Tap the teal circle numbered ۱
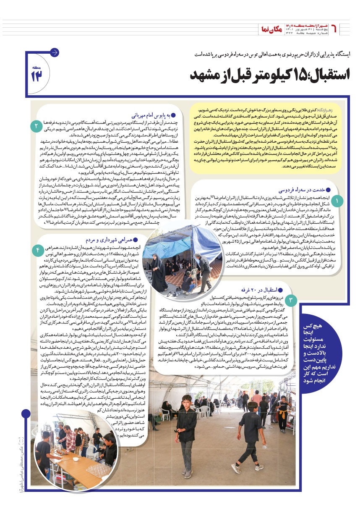pyautogui.click(x=336, y=202)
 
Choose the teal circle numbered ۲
pyautogui.click(x=37, y=125)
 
